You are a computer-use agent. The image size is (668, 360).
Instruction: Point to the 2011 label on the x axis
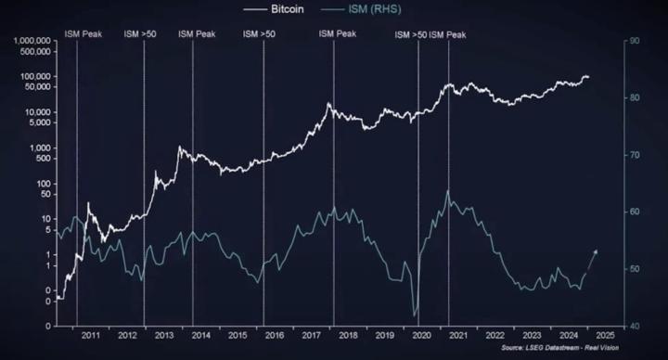tap(90, 336)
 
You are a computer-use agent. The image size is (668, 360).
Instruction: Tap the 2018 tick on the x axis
tap(349, 336)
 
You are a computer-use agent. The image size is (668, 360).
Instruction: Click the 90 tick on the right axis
tap(635, 41)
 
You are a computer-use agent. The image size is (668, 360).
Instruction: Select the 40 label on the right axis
tap(635, 326)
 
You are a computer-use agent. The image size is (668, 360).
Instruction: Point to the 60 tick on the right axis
tap(635, 212)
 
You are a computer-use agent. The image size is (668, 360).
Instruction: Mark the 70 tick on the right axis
tap(635, 155)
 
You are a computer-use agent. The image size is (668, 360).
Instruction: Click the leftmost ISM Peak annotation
tap(83, 34)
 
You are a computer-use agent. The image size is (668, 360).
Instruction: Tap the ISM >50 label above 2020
tap(411, 34)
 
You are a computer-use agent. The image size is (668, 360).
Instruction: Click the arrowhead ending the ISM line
tap(597, 251)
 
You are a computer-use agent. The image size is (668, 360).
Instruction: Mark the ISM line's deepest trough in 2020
tap(415, 315)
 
